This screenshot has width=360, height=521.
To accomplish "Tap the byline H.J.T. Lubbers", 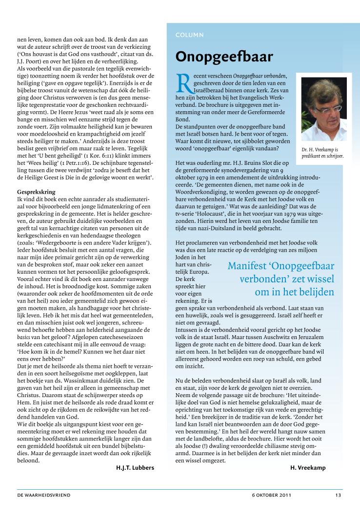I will [x=135, y=467].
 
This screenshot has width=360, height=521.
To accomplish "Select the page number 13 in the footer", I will [x=338, y=495].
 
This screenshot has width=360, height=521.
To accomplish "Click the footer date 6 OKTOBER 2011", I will [x=268, y=495].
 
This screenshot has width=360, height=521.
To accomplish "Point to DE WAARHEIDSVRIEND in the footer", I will [x=43, y=495].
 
